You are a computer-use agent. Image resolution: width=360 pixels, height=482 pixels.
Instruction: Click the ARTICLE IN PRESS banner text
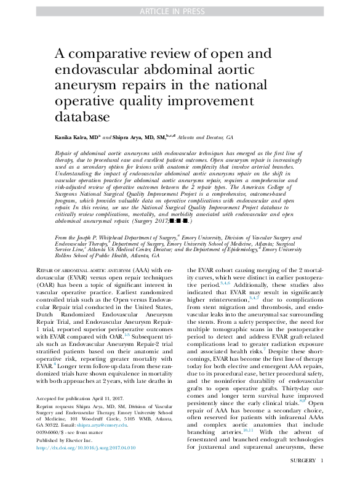click(180, 11)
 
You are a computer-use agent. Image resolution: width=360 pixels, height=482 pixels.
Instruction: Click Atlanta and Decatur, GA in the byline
click(205, 138)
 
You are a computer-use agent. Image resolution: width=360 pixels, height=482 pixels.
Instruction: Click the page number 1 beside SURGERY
click(322, 476)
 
